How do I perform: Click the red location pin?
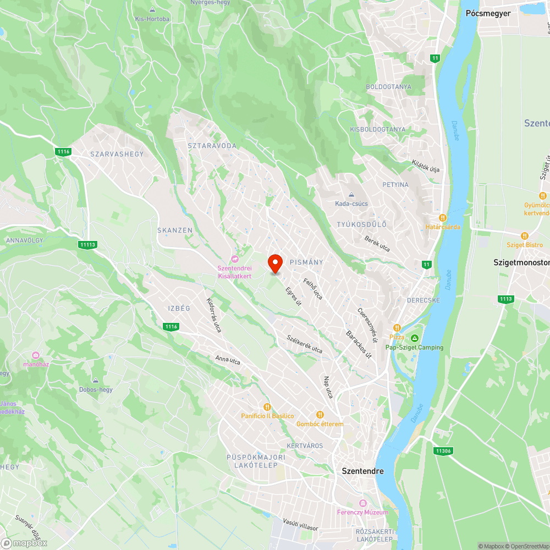click(x=274, y=263)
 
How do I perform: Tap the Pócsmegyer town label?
click(x=488, y=13)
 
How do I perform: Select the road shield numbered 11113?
click(x=87, y=245)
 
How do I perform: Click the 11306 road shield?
click(x=443, y=451)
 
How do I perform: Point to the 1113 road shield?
click(x=505, y=299)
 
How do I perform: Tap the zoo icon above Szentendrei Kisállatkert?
click(x=235, y=258)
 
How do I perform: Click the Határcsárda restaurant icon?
click(x=443, y=217)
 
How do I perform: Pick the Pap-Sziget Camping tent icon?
click(x=414, y=338)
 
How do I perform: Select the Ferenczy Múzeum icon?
click(x=362, y=503)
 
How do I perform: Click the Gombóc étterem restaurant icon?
click(x=320, y=415)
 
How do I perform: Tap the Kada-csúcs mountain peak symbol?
click(x=351, y=195)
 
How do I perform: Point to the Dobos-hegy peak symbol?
click(x=96, y=381)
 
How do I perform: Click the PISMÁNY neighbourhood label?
click(x=306, y=262)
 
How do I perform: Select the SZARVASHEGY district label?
click(x=116, y=154)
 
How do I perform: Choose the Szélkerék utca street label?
click(x=304, y=342)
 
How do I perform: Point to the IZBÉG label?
click(x=179, y=308)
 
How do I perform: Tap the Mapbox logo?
click(x=24, y=542)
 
